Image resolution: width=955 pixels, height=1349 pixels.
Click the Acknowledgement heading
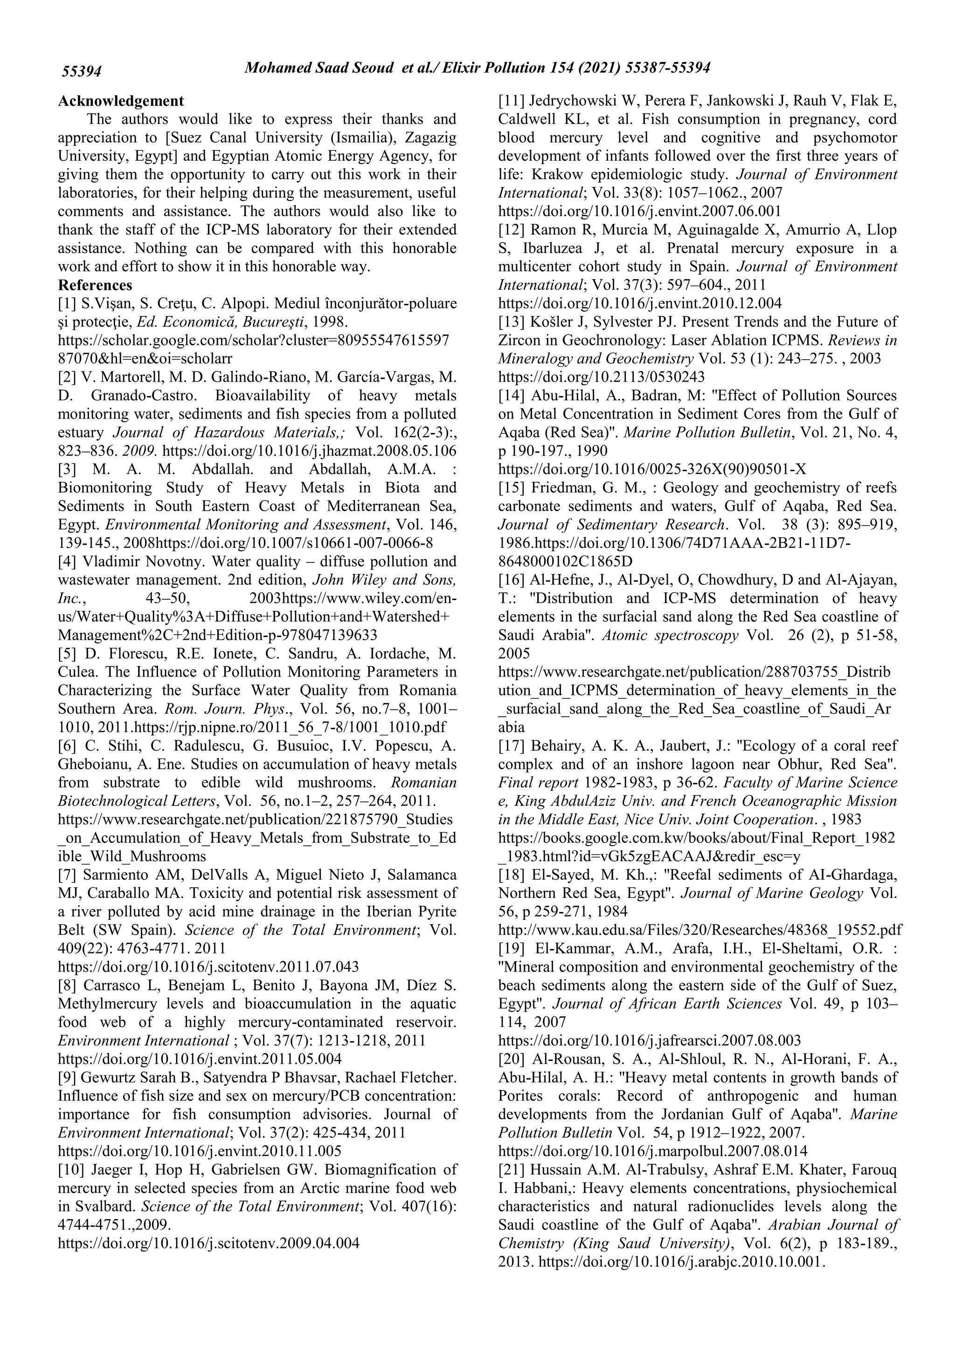(x=121, y=101)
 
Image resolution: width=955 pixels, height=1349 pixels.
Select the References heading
(x=95, y=286)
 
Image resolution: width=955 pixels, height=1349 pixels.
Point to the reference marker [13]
(x=511, y=322)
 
